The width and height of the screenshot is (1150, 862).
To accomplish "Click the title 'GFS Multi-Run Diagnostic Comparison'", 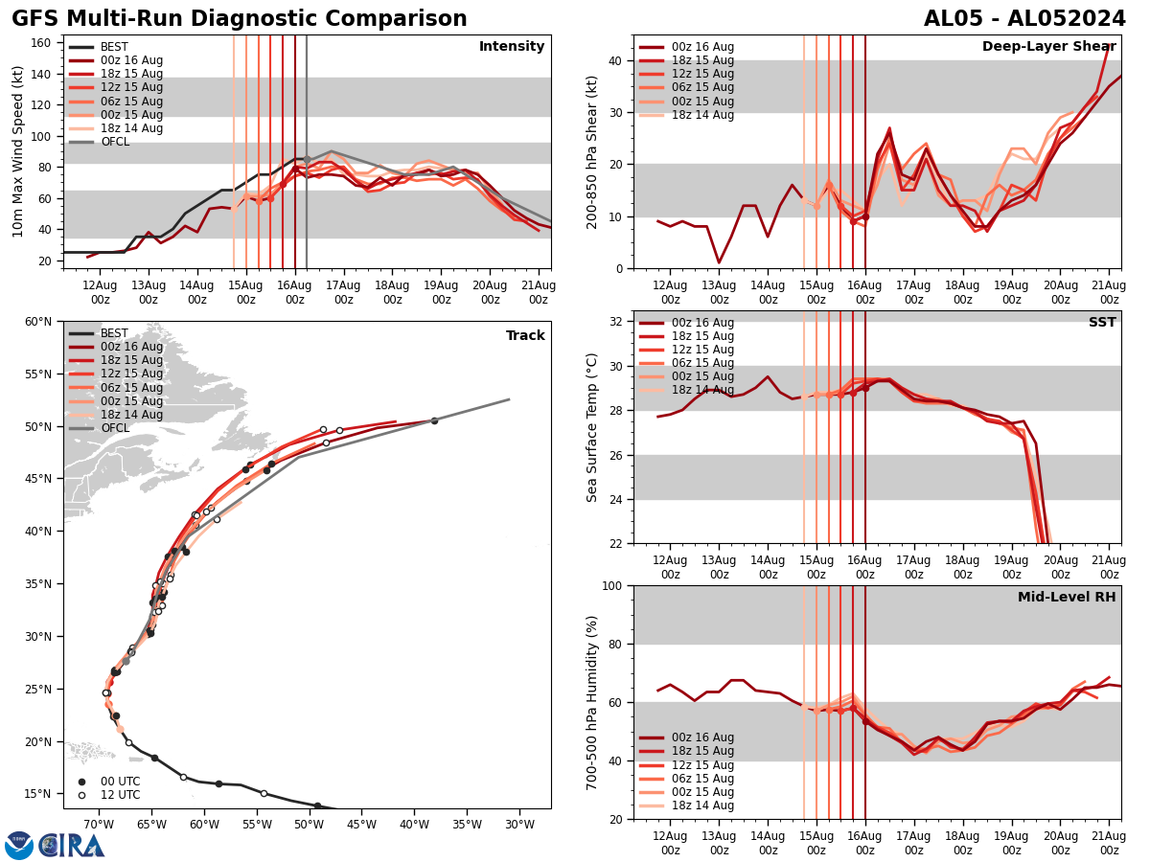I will (240, 19).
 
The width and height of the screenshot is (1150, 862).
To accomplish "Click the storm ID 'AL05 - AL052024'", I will (1024, 19).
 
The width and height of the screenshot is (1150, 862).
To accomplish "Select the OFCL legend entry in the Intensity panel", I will (114, 142).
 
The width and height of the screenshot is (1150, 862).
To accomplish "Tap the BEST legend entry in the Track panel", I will (114, 333).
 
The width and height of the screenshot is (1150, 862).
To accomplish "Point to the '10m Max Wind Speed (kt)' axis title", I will (18, 151).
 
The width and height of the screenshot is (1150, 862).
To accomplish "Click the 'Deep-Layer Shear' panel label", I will (1048, 47).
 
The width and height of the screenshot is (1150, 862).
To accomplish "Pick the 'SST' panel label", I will (1102, 323).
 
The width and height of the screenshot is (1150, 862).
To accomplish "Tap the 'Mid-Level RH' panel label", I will (1067, 598).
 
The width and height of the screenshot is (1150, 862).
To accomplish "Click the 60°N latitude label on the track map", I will (37, 322).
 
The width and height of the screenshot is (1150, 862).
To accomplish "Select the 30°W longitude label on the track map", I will (518, 825).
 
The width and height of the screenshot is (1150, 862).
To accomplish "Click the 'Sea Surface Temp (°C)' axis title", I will (592, 427).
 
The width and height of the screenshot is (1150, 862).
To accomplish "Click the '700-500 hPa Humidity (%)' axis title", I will (592, 702).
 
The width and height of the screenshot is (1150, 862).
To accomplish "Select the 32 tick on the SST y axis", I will (618, 322).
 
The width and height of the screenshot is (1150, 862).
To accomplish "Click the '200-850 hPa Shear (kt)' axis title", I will (592, 151).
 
